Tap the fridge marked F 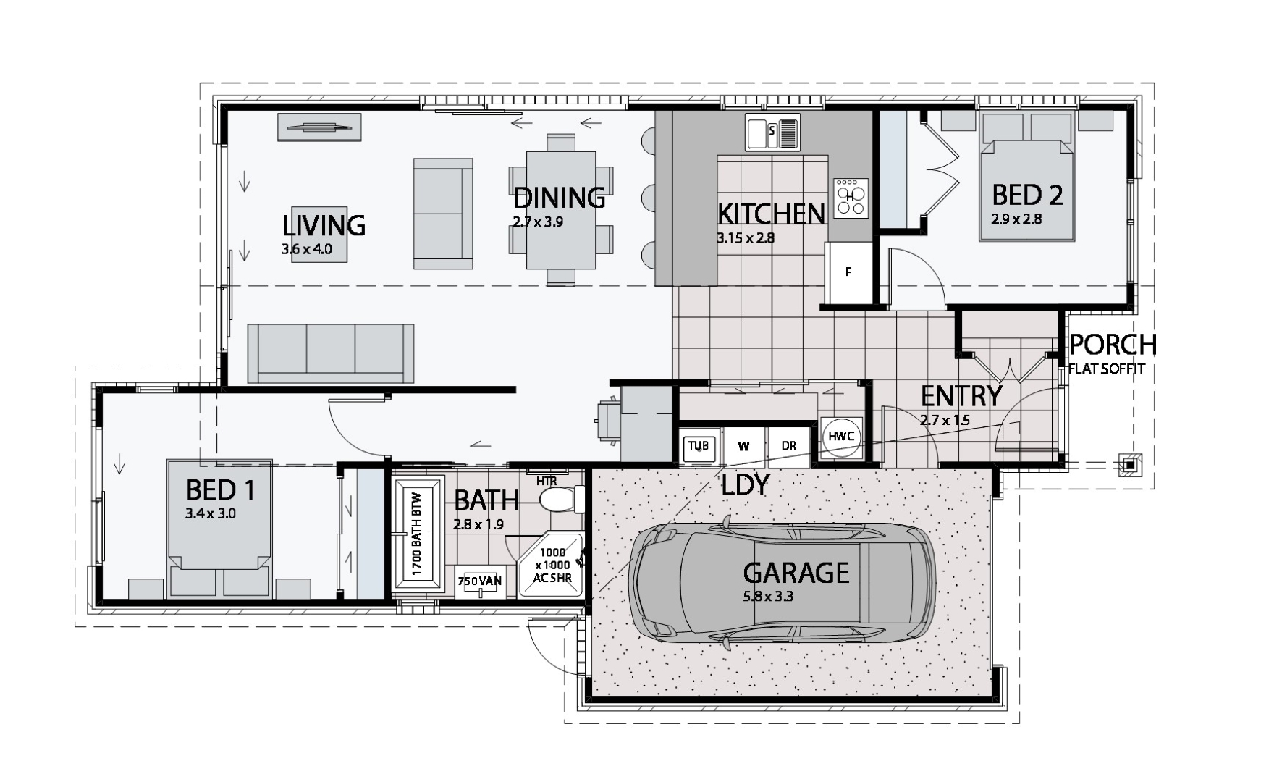click(848, 272)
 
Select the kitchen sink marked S click(772, 133)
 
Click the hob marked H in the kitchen click(851, 197)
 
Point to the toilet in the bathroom click(561, 499)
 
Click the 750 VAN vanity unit click(480, 581)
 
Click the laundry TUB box click(699, 446)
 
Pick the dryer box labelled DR click(788, 446)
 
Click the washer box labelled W click(743, 446)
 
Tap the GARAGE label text click(796, 573)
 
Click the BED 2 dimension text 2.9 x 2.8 click(1016, 219)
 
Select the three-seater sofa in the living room click(331, 353)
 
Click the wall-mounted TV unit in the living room click(320, 127)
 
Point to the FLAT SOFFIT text click(1107, 369)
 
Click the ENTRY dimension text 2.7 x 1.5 click(945, 420)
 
